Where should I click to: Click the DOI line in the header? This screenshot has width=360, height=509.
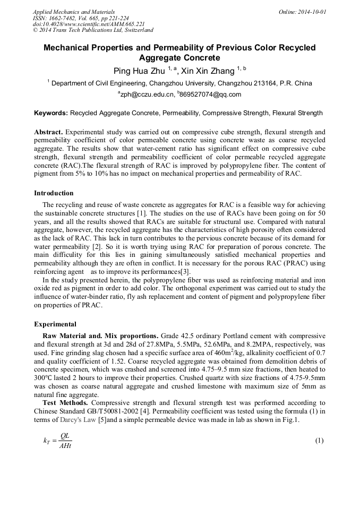(x=89, y=24)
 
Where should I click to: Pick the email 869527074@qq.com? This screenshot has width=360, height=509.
(x=210, y=94)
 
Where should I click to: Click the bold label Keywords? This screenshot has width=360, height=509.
(x=51, y=113)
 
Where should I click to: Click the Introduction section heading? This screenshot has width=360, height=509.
(x=54, y=193)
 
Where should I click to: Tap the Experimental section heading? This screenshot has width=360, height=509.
(x=55, y=324)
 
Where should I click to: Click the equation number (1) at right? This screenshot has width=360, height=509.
(x=319, y=441)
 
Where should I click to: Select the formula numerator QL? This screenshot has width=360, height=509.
(x=65, y=436)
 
